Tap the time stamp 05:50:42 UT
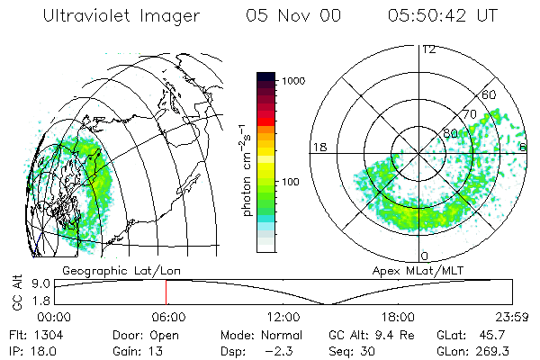click(444, 16)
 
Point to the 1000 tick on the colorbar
click(292, 81)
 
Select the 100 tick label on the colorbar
click(290, 182)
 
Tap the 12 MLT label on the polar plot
click(428, 49)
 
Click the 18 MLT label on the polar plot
click(319, 147)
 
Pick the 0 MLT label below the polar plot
click(424, 257)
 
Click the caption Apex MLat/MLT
click(410, 270)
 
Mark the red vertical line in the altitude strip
click(166, 292)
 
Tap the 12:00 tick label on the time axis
click(283, 316)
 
